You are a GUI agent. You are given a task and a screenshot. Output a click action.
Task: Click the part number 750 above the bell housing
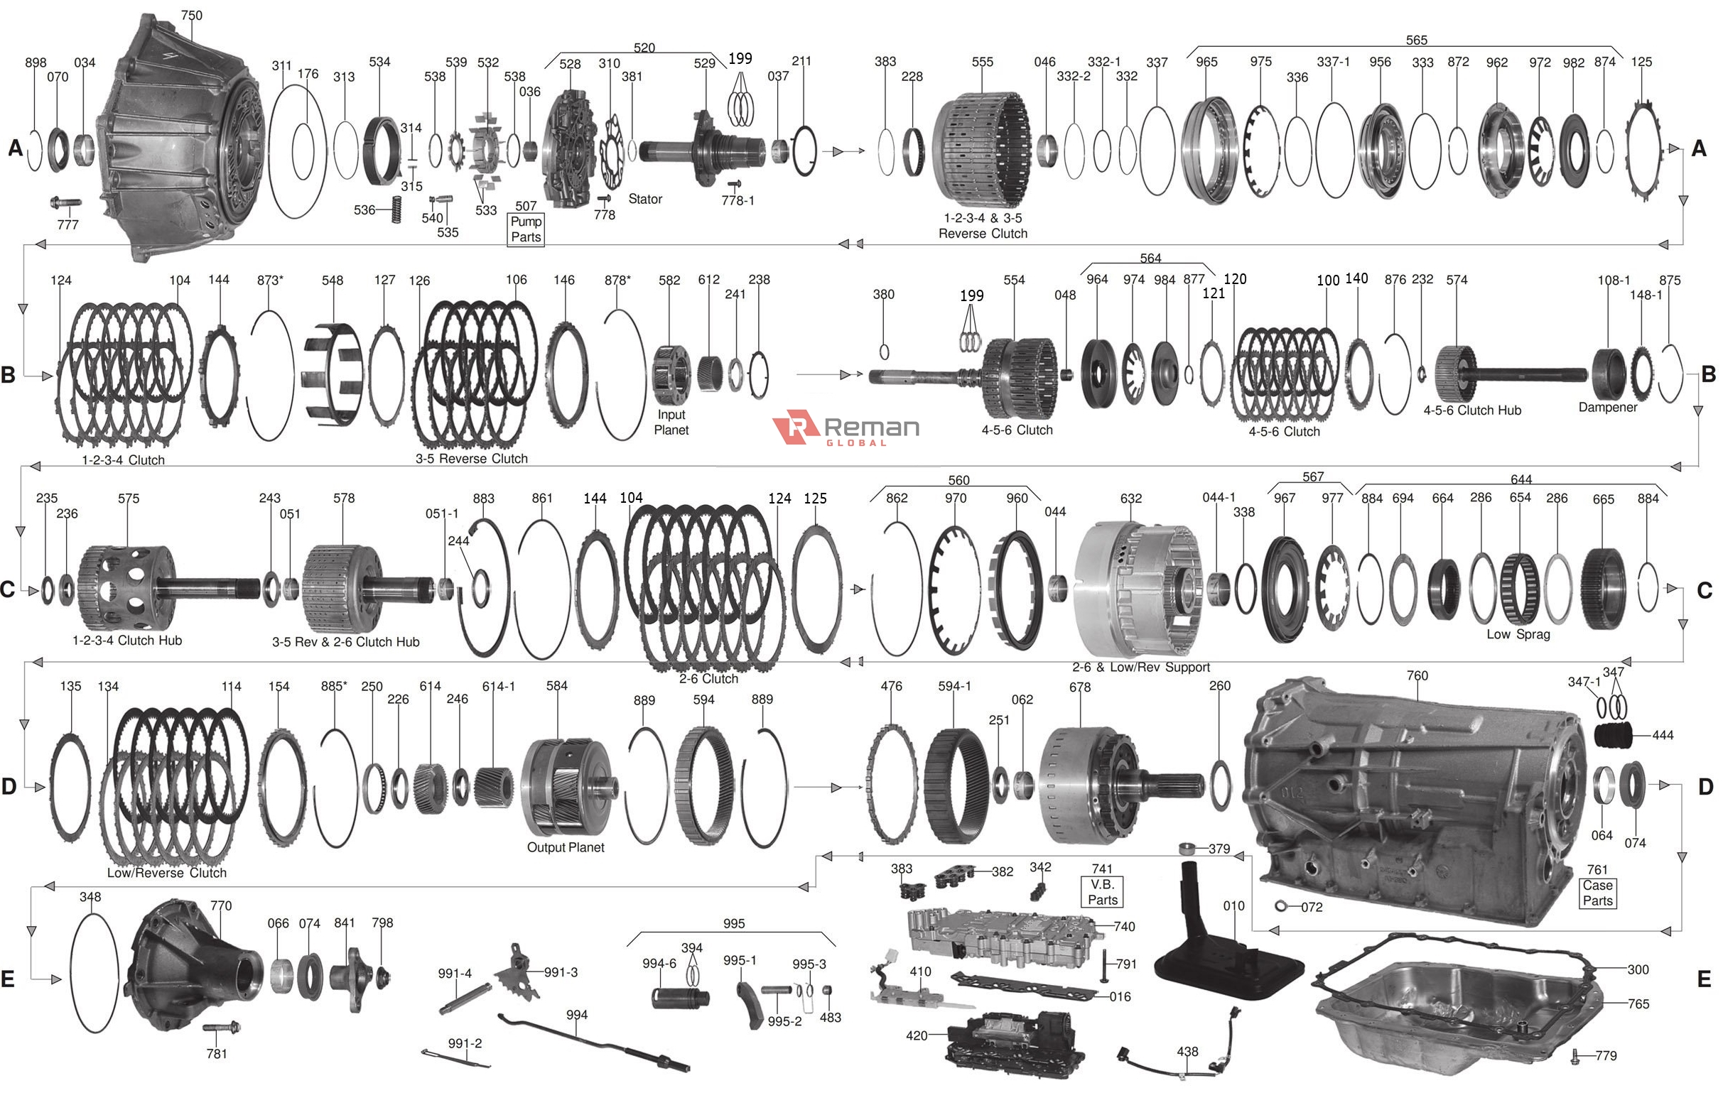click(191, 15)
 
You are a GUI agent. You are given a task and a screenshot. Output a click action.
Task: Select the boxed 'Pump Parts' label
click(526, 229)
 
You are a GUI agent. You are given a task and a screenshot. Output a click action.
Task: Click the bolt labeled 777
click(65, 204)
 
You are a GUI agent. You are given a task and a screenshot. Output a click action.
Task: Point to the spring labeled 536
click(396, 209)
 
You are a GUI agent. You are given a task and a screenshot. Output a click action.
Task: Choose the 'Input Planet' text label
click(671, 422)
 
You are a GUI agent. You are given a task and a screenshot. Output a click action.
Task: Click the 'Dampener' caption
click(1607, 407)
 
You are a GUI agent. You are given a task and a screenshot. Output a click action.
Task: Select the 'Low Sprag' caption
click(1518, 634)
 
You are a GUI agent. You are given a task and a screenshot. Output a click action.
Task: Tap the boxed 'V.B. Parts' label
click(1102, 892)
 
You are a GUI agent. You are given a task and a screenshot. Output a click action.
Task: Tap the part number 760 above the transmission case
click(1417, 675)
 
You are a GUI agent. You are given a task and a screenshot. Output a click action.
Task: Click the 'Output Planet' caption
click(565, 847)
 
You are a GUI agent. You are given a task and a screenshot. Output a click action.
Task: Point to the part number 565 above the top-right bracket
click(1416, 40)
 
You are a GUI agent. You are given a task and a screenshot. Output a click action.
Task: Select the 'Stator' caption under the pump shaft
click(644, 199)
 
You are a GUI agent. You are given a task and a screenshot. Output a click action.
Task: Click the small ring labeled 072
click(1281, 906)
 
